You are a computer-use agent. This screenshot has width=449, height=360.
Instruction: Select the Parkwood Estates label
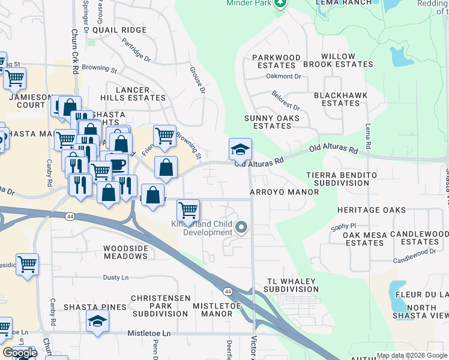(x=276, y=61)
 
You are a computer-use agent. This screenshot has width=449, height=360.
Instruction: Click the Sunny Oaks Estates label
(x=272, y=122)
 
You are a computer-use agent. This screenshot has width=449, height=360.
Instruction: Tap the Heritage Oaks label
(x=371, y=211)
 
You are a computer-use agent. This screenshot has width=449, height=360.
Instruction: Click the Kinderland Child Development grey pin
(x=241, y=227)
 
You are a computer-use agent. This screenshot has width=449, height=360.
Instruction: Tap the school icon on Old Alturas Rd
(x=240, y=149)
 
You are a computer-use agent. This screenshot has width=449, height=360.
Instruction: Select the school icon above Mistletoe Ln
(x=97, y=321)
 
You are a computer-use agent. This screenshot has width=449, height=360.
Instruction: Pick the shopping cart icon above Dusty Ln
(x=27, y=264)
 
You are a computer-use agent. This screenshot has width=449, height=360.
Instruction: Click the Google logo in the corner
(x=20, y=353)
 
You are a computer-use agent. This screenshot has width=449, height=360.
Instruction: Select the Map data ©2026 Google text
(x=411, y=355)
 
